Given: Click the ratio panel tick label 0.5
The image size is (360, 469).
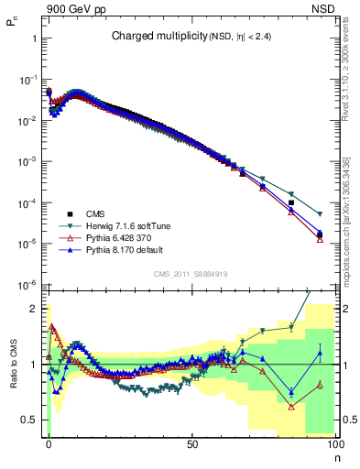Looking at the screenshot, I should click(31, 420).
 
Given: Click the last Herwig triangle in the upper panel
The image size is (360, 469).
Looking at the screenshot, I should click(320, 189).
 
